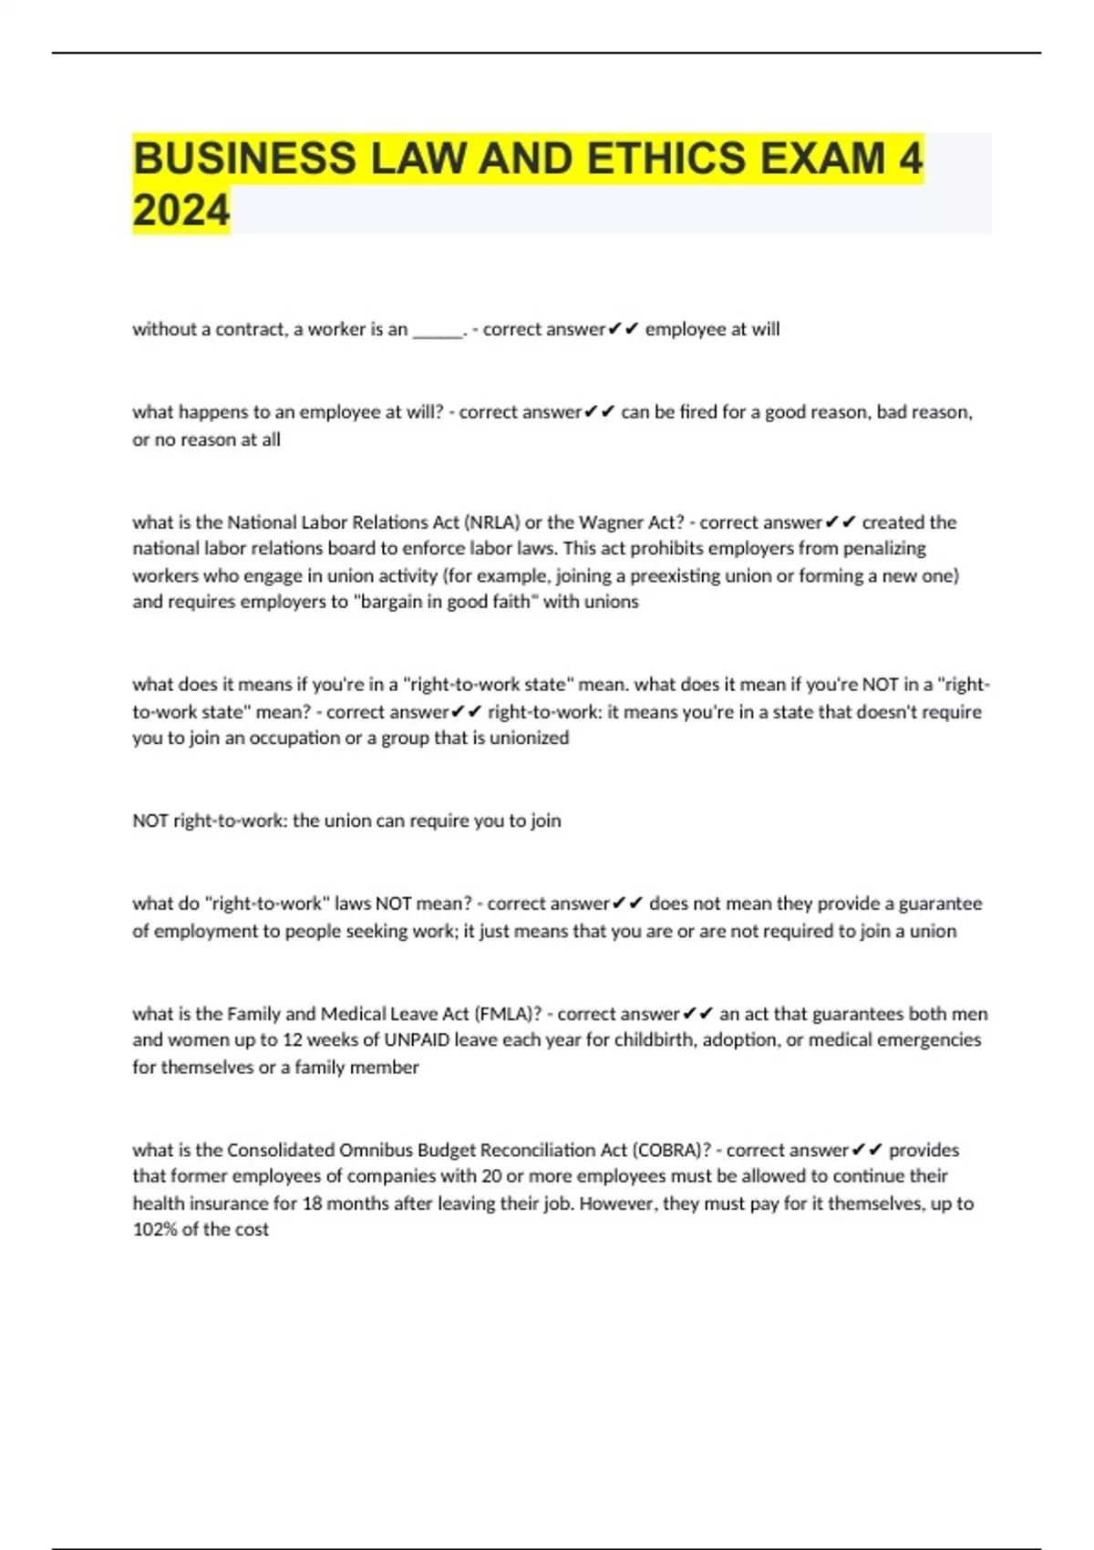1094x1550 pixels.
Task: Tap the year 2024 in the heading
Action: coord(181,211)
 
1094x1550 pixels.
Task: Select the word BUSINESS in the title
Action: coord(244,159)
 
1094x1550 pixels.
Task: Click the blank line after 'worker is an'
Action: coord(439,330)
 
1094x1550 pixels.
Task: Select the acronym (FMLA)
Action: coord(508,1014)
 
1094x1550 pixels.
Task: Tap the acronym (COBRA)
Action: coord(672,1151)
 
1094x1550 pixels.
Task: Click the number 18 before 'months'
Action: coord(312,1204)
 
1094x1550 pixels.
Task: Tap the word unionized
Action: coord(529,739)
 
